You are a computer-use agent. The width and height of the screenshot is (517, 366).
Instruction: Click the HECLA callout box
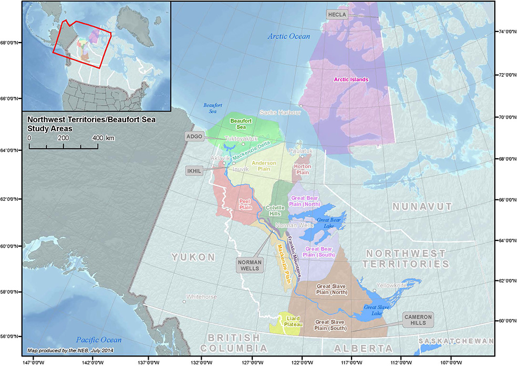click(337, 15)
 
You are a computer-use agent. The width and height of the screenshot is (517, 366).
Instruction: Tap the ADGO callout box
click(194, 136)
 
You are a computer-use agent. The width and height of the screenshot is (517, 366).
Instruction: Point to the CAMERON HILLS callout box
click(418, 320)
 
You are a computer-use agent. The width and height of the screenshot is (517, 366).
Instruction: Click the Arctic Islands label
click(351, 79)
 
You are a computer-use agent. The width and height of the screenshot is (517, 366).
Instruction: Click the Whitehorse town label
click(201, 297)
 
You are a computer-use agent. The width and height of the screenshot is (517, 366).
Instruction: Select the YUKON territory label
click(193, 257)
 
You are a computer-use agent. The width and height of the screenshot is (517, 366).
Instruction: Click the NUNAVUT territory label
click(422, 207)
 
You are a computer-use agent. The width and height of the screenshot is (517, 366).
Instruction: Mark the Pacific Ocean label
click(98, 340)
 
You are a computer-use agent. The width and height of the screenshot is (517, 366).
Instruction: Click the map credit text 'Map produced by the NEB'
click(70, 350)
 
